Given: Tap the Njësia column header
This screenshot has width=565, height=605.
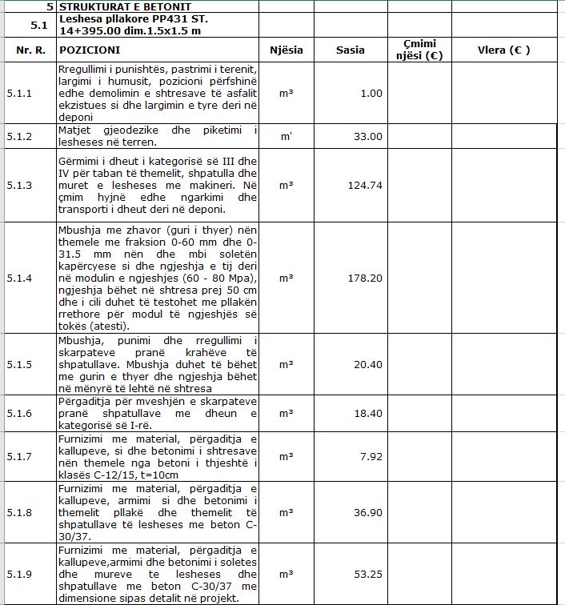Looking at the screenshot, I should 286,50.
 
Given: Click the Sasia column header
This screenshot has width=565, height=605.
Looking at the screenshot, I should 351,50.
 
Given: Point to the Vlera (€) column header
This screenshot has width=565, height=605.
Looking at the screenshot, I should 504,50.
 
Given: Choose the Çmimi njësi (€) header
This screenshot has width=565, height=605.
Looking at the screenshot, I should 419,50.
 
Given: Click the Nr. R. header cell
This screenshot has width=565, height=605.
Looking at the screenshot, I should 30,50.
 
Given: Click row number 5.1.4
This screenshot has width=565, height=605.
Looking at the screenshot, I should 19,278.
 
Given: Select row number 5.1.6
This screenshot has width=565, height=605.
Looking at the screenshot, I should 19,413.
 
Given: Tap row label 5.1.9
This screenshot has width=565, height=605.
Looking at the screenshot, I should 19,575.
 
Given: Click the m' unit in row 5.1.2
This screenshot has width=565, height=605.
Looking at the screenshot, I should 286,136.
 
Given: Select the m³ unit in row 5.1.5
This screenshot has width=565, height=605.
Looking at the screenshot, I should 286,364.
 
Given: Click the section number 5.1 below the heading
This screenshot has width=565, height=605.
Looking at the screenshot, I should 39,24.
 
